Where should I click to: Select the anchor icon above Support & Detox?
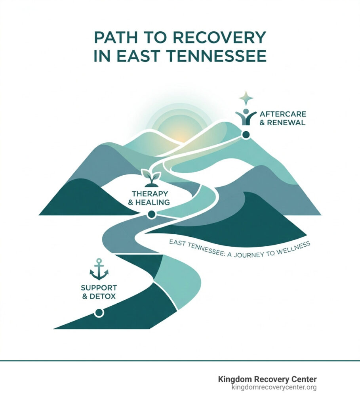click(99, 269)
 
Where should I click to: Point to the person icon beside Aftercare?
click(246, 116)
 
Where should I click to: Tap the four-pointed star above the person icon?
click(246, 98)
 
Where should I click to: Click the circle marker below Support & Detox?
click(99, 313)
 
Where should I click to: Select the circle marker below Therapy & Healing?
click(151, 214)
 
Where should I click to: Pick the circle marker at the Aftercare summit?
click(246, 135)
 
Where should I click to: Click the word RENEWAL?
click(287, 123)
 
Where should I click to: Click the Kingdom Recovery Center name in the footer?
click(267, 379)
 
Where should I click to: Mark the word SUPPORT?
click(99, 287)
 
